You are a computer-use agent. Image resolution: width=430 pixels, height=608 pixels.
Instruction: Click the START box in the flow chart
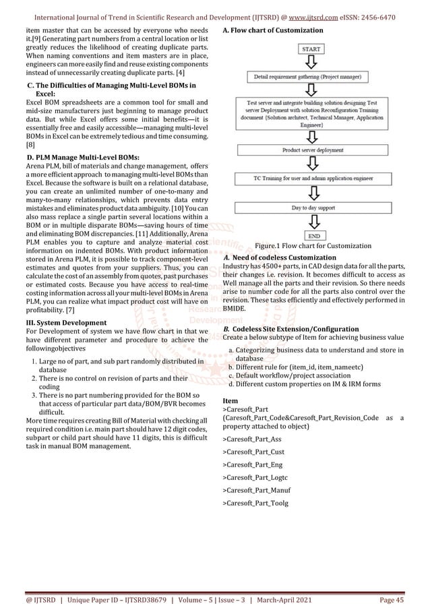tap(312, 49)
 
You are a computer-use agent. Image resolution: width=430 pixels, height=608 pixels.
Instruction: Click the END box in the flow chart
tap(314, 236)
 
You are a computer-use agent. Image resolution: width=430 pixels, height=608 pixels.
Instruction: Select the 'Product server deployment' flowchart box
tap(314, 150)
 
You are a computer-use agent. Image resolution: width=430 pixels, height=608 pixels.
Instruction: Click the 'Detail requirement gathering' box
tap(314, 78)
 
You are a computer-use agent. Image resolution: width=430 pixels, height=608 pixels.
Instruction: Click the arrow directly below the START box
tap(312, 63)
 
